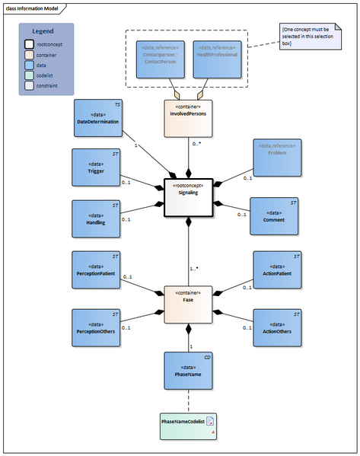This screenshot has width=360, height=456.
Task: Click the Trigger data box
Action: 96,168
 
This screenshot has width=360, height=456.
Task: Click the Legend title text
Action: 45,31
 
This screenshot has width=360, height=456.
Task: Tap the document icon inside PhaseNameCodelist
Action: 210,421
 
